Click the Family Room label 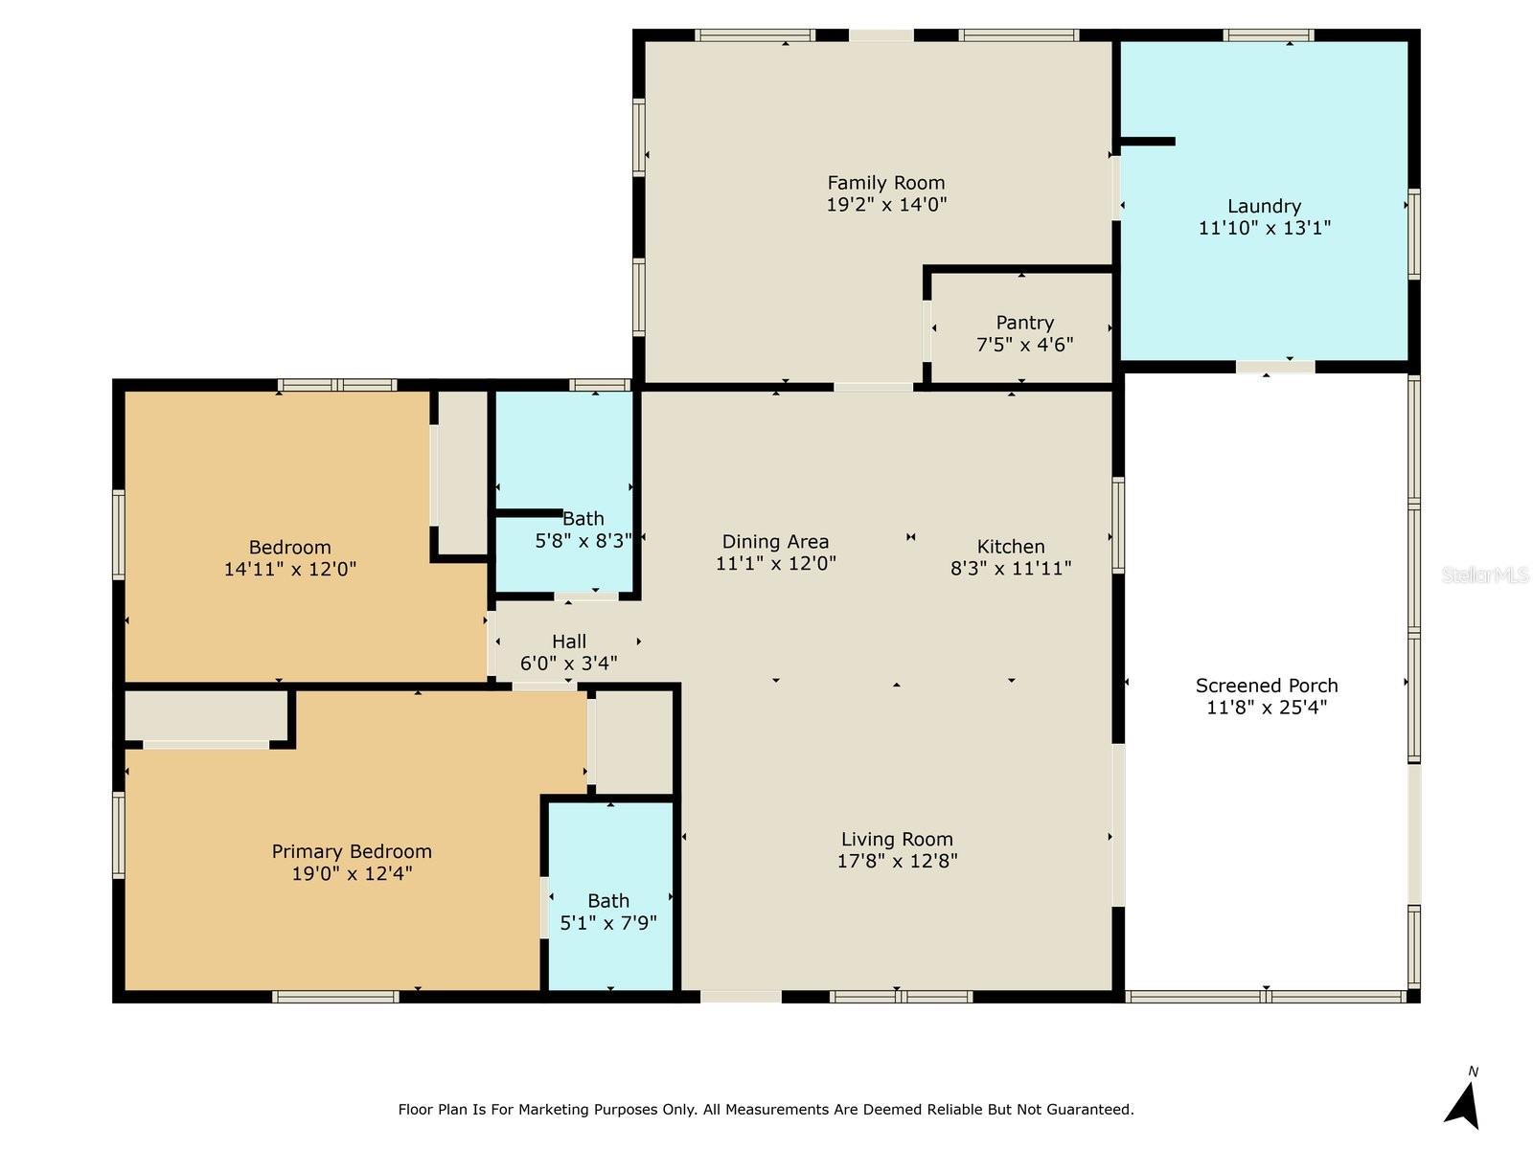coord(885,183)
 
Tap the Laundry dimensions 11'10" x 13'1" coord(1264,228)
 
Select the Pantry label coord(1024,323)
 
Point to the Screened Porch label coord(1267,685)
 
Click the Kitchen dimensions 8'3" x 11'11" coord(1011,569)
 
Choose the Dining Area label coord(775,542)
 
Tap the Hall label coord(569,642)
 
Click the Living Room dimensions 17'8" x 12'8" coord(897,861)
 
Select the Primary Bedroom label coord(352,852)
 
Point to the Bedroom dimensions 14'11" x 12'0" coord(290,570)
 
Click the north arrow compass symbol coord(1463,1102)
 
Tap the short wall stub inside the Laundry coord(1148,142)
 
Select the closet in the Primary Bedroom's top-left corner coord(207,716)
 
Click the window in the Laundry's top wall coord(1268,34)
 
